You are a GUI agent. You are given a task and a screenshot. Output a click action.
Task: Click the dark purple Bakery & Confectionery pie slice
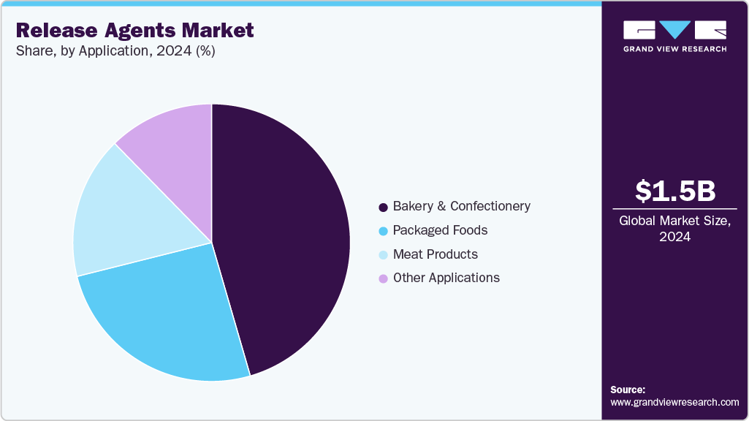(285, 234)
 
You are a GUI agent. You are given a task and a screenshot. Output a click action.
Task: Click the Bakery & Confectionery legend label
(461, 206)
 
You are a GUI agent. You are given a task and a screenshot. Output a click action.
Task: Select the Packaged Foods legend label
(440, 230)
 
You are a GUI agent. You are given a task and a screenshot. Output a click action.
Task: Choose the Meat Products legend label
(435, 254)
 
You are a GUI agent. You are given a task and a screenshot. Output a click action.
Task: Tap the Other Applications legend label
(446, 278)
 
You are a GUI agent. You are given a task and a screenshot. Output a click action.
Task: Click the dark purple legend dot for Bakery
(383, 207)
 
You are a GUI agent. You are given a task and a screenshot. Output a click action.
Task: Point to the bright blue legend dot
(383, 231)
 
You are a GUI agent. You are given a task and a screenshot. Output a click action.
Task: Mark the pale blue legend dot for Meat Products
(383, 255)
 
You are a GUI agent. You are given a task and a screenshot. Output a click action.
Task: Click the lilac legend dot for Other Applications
(383, 278)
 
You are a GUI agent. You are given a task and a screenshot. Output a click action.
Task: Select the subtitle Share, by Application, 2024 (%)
(115, 51)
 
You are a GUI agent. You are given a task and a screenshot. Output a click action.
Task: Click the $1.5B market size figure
(674, 191)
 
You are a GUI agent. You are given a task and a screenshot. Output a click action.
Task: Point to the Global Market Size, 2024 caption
(674, 229)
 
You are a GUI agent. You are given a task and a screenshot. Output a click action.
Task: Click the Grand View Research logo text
(674, 49)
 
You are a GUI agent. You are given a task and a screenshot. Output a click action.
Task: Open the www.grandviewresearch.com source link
(674, 402)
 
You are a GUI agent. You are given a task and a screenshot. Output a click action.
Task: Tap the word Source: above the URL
(628, 390)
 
